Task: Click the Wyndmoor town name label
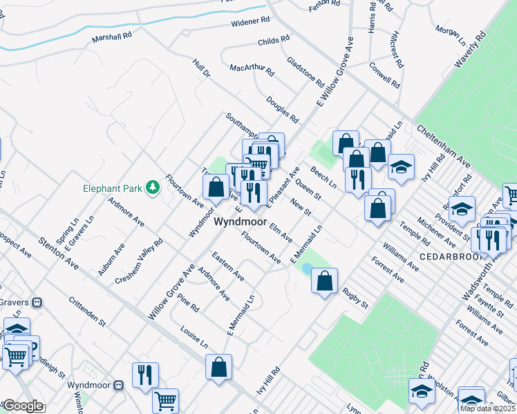(x=239, y=222)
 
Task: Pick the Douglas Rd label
(x=282, y=108)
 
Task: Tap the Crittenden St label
(x=87, y=312)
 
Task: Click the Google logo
(x=23, y=406)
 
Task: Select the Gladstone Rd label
(x=305, y=71)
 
